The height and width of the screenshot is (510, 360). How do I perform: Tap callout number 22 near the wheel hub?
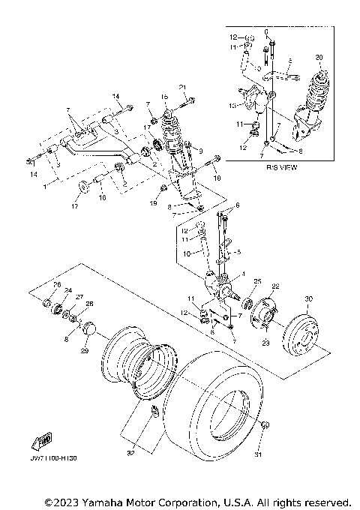point(275,286)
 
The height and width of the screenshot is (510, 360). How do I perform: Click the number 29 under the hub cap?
point(84,351)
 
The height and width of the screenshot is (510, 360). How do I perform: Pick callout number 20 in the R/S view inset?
point(319,57)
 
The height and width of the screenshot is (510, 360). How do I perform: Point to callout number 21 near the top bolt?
point(182,89)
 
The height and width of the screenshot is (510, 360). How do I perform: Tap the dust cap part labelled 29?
point(90,328)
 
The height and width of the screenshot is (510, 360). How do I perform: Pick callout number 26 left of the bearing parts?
point(56,286)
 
